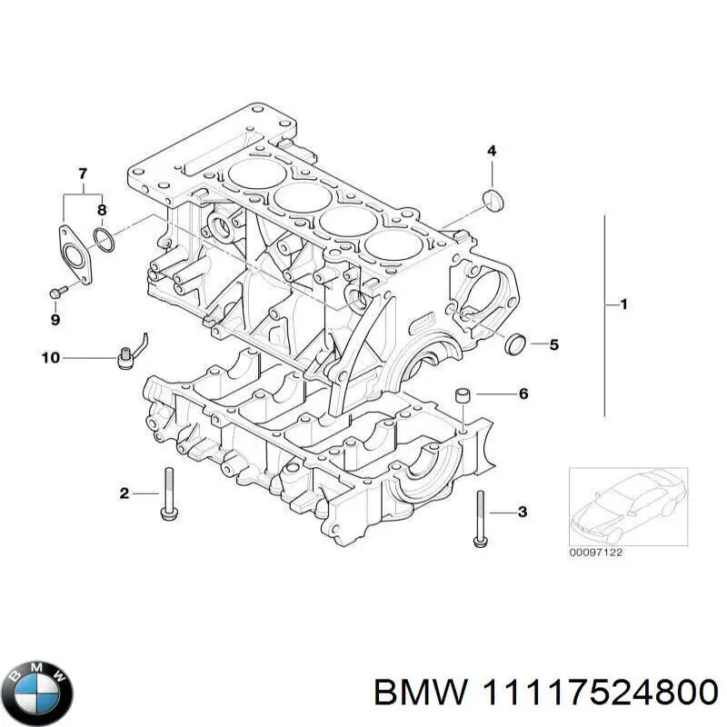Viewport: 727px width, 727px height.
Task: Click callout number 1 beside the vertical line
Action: (623, 304)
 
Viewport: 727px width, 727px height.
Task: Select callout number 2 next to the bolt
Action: (124, 493)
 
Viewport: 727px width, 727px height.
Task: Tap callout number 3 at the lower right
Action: (522, 513)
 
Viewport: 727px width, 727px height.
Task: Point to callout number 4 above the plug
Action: (492, 151)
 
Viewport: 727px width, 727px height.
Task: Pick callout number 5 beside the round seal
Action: (554, 344)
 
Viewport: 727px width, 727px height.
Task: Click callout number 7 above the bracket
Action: (82, 174)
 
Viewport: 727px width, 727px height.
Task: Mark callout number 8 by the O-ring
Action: (102, 209)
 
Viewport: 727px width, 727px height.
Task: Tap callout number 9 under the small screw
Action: (55, 320)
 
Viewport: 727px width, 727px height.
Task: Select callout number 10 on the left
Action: (50, 358)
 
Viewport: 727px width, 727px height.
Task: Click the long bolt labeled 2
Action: (168, 495)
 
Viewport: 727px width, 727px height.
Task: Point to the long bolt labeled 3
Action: (479, 518)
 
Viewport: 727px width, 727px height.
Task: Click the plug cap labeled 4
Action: (493, 199)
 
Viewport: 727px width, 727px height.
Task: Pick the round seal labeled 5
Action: (515, 344)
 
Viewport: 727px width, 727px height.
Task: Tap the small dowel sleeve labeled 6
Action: (462, 395)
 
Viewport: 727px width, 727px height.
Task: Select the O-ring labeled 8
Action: (105, 240)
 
